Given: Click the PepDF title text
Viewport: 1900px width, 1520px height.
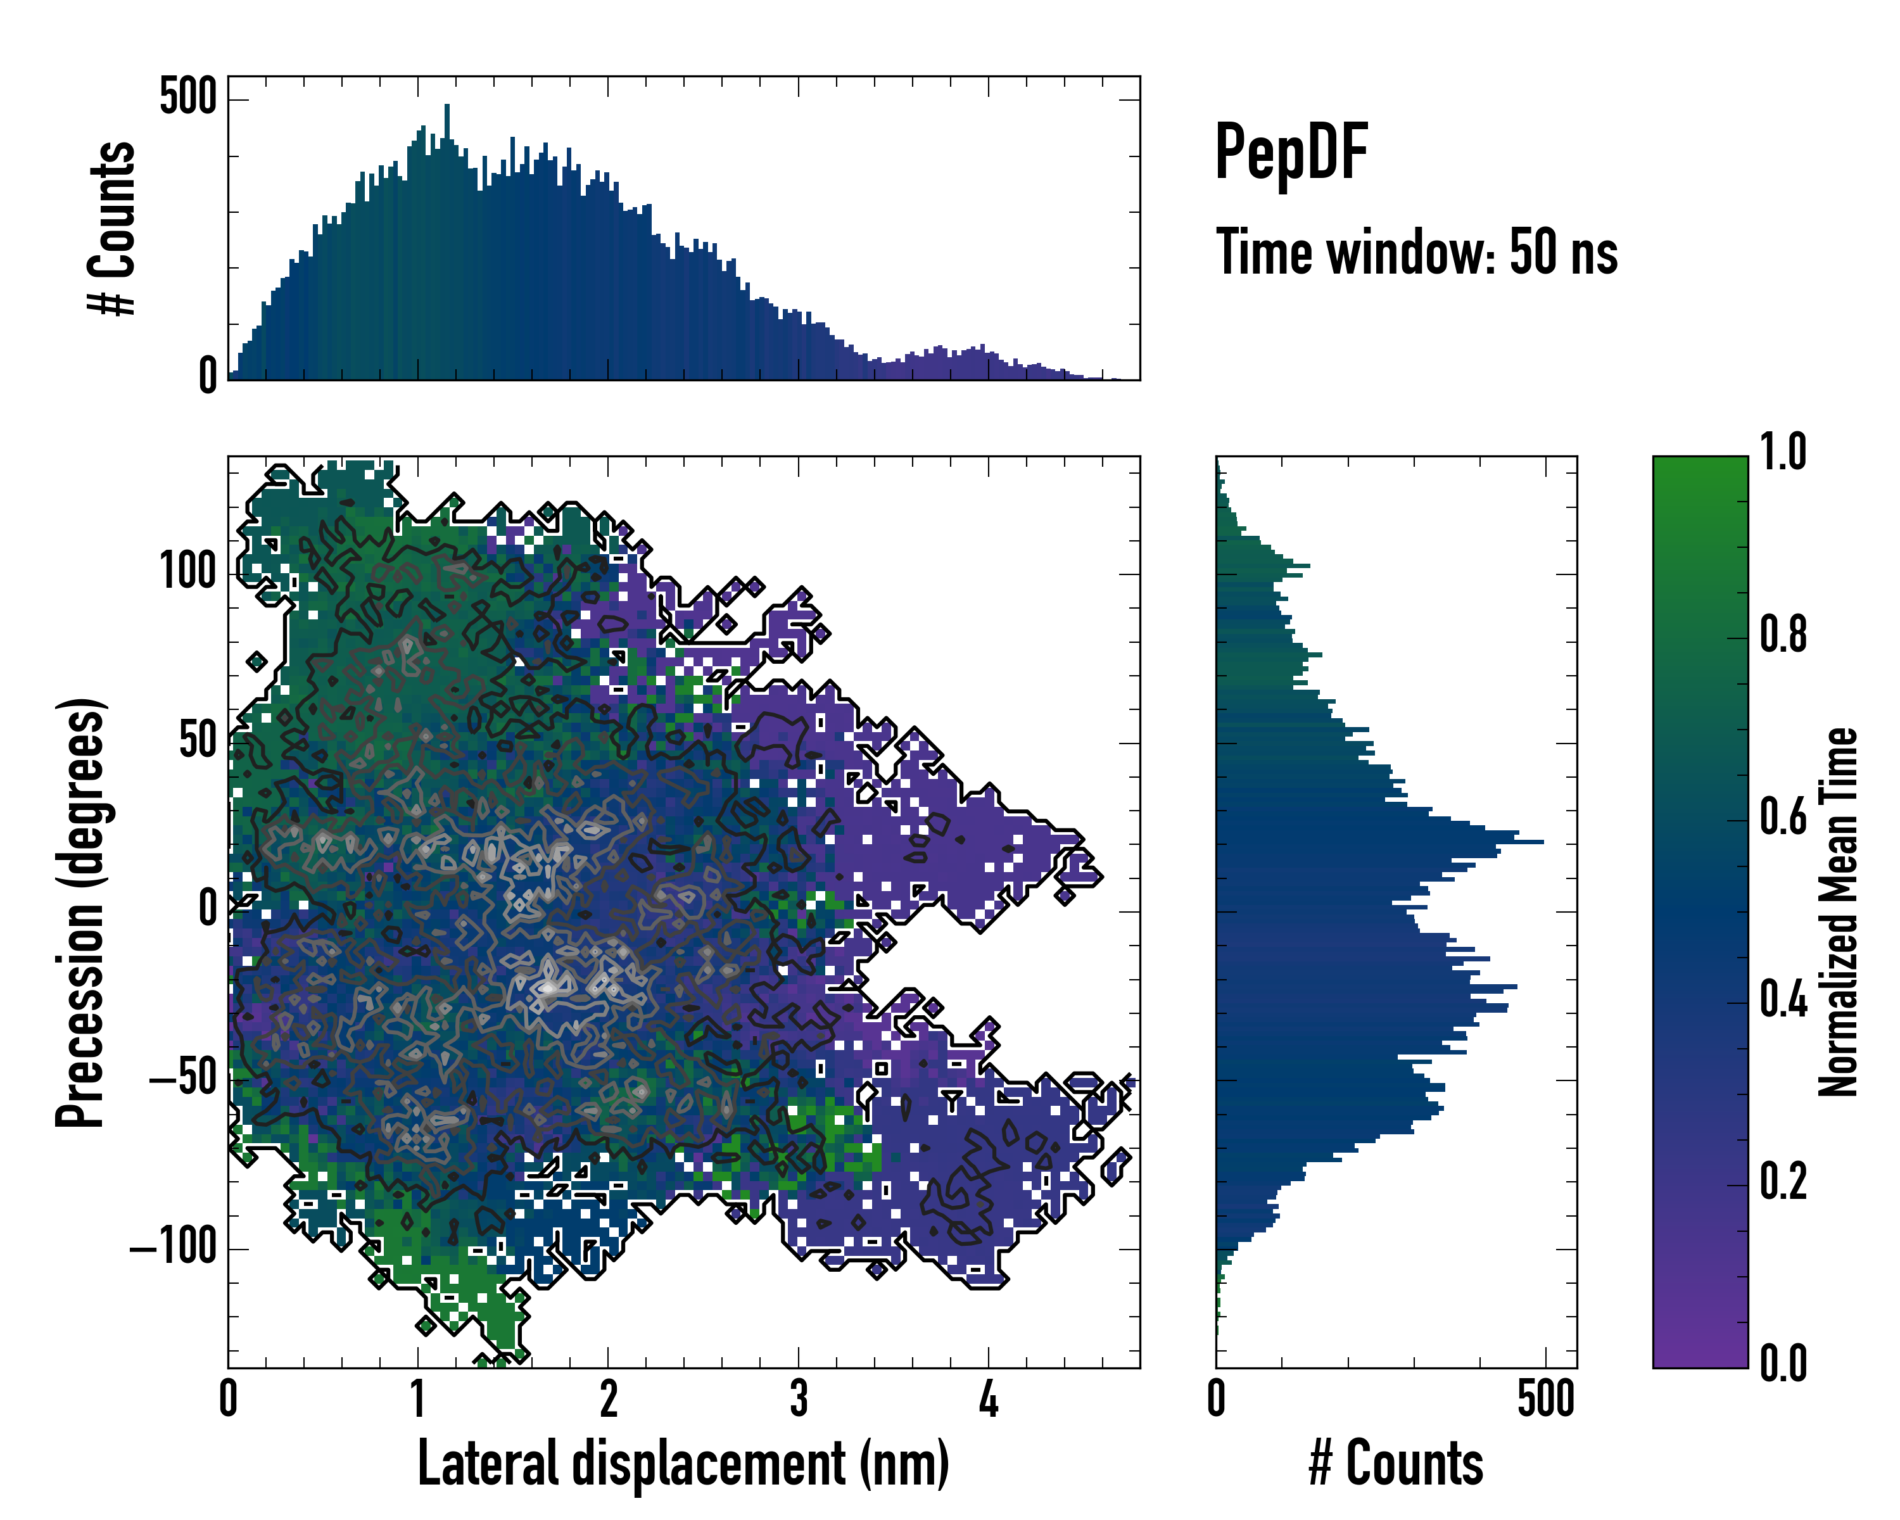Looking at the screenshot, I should coord(1291,153).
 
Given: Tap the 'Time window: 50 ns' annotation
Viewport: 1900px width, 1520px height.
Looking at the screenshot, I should coord(1416,252).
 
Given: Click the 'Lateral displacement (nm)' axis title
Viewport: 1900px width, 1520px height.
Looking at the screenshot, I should coord(683,1464).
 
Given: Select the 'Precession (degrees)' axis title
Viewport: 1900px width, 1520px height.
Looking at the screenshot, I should coord(81,912).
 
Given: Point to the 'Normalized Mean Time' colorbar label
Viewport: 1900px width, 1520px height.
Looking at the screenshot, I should coord(1839,912).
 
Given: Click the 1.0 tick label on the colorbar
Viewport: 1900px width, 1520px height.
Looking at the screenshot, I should coord(1783,453).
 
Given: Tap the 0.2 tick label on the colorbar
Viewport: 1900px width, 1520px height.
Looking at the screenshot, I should coord(1783,1182).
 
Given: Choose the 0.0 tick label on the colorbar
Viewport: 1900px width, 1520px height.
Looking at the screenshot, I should coord(1783,1363).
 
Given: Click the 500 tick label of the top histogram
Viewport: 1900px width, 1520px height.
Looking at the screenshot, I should coord(187,96).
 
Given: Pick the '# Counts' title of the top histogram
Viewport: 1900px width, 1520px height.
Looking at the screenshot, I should coord(113,228).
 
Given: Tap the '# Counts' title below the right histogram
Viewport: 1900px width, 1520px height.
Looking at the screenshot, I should coord(1396,1464).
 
